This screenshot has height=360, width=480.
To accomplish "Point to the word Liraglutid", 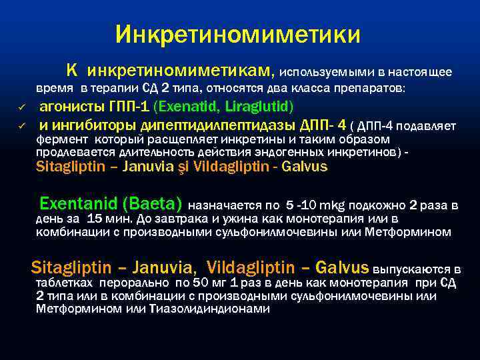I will pyautogui.click(x=257, y=107).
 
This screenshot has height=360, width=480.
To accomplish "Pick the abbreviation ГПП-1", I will pyautogui.click(x=125, y=107).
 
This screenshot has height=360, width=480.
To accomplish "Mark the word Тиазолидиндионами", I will pyautogui.click(x=220, y=309).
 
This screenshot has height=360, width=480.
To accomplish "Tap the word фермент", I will pyautogui.click(x=62, y=139).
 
